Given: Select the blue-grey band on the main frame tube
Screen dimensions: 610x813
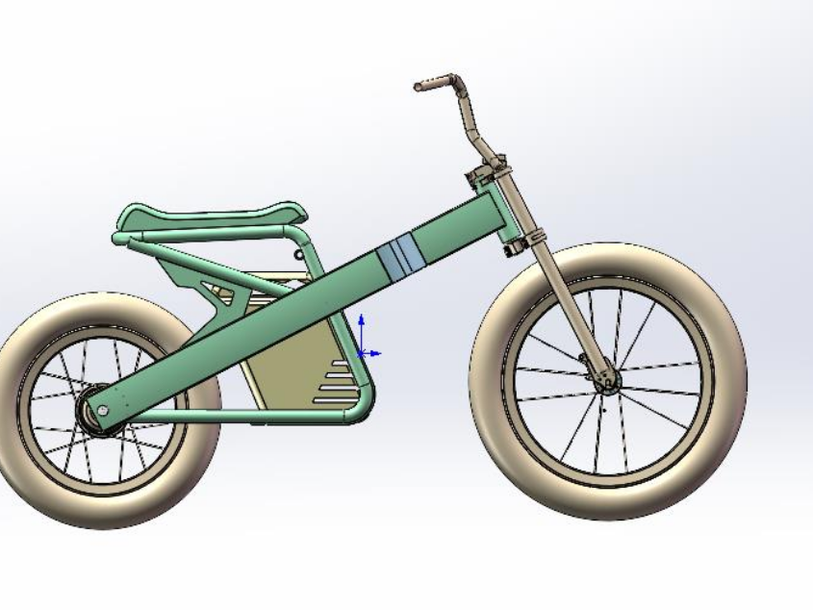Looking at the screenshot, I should click(397, 256).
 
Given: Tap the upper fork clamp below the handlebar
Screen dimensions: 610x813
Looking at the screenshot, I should click(491, 178).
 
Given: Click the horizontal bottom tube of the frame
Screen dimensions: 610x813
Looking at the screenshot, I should click(241, 417).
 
